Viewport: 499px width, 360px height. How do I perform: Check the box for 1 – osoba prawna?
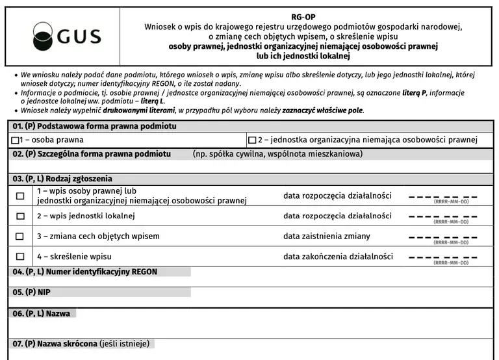tap(16, 140)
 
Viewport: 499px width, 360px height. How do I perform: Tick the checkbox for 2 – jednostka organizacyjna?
tap(252, 140)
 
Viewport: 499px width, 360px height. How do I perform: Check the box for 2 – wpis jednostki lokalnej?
tap(19, 216)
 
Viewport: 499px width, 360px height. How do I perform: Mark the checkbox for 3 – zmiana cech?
tap(19, 237)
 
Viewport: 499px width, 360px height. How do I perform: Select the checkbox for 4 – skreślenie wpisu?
tap(19, 257)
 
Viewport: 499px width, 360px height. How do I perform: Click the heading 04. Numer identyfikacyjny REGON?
tap(85, 272)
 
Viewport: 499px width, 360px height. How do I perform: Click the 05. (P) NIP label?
tap(31, 292)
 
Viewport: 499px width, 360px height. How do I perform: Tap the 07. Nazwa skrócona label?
tap(81, 343)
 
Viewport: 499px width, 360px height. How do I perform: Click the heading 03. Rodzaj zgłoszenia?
tap(62, 179)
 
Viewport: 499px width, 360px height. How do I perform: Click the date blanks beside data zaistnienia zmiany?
tap(442, 237)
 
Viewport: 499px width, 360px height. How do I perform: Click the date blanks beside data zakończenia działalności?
tap(442, 257)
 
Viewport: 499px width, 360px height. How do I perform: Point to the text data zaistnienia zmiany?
tap(327, 237)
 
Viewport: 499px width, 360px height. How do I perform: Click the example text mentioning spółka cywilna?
tap(277, 155)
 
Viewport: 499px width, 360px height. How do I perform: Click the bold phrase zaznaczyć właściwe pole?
tap(322, 110)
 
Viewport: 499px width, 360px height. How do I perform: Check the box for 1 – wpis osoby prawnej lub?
tap(19, 196)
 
